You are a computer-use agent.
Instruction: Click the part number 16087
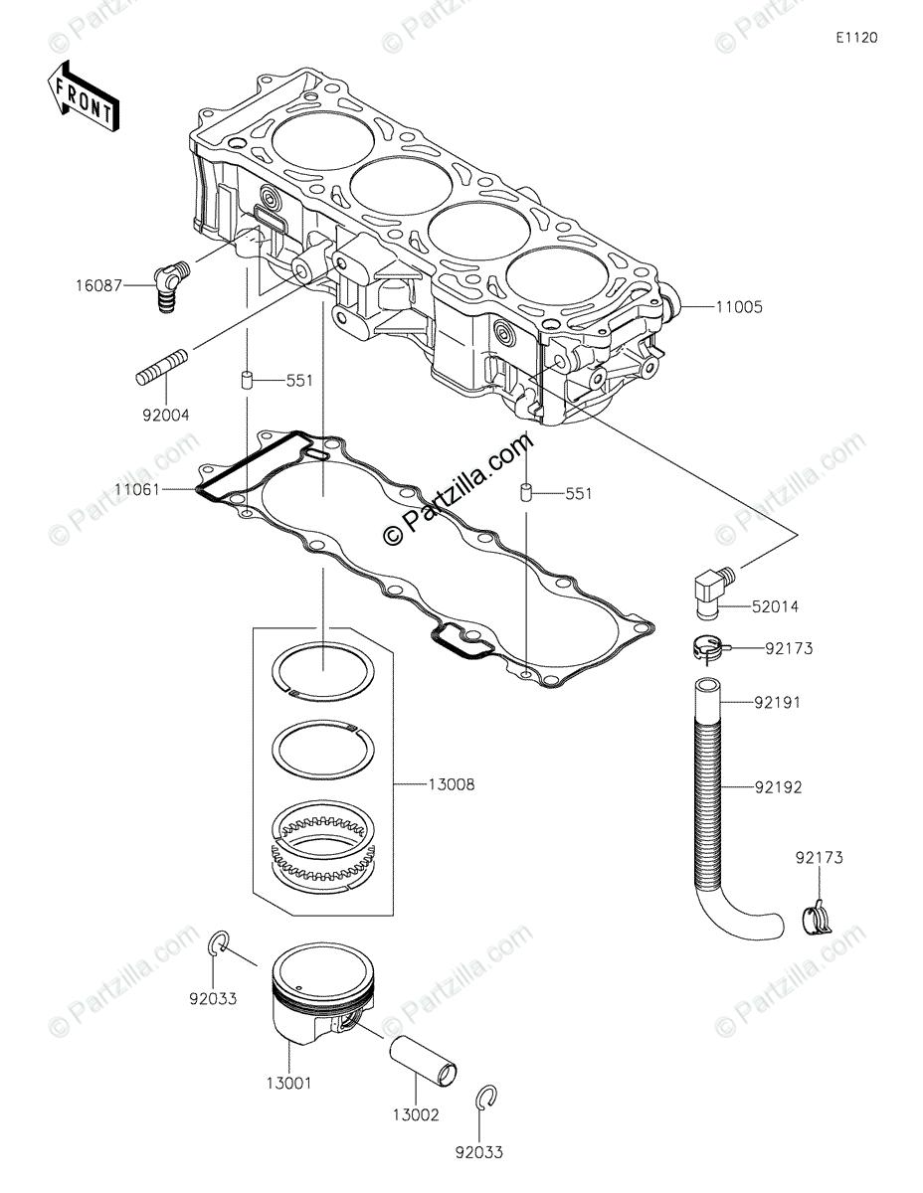click(x=99, y=284)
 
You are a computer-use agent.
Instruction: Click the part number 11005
click(x=738, y=307)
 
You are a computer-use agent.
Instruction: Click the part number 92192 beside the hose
click(x=778, y=787)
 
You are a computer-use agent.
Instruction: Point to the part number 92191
click(x=778, y=703)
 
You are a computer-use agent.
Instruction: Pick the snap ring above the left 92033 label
click(x=220, y=944)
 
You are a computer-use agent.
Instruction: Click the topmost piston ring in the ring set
click(x=322, y=667)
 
